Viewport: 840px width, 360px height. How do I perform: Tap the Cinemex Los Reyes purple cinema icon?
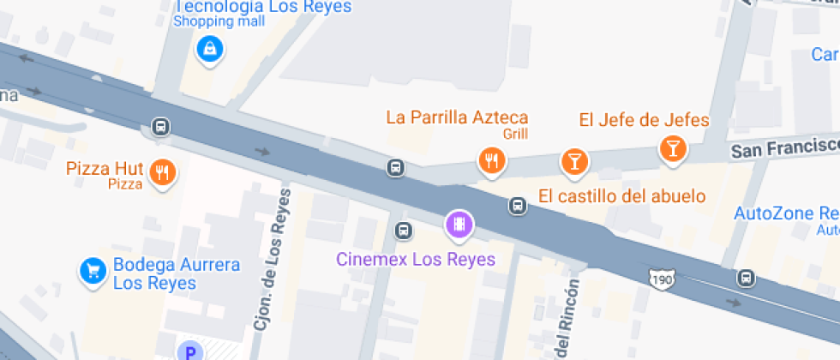(459, 225)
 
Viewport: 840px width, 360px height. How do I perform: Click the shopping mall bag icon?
(209, 49)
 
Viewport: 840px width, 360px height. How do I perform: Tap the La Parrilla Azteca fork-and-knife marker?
(490, 160)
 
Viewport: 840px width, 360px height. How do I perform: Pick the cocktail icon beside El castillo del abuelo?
(573, 160)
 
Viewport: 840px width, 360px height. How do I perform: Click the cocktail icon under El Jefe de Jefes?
(673, 149)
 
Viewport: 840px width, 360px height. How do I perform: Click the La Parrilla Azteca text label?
(457, 117)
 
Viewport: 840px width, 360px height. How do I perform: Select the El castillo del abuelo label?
(622, 196)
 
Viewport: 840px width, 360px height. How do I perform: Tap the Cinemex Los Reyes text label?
(415, 258)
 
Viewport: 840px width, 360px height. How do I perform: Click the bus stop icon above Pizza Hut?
(160, 128)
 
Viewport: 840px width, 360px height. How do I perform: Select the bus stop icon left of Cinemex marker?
(403, 230)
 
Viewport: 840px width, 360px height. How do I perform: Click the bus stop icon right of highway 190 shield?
(747, 278)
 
